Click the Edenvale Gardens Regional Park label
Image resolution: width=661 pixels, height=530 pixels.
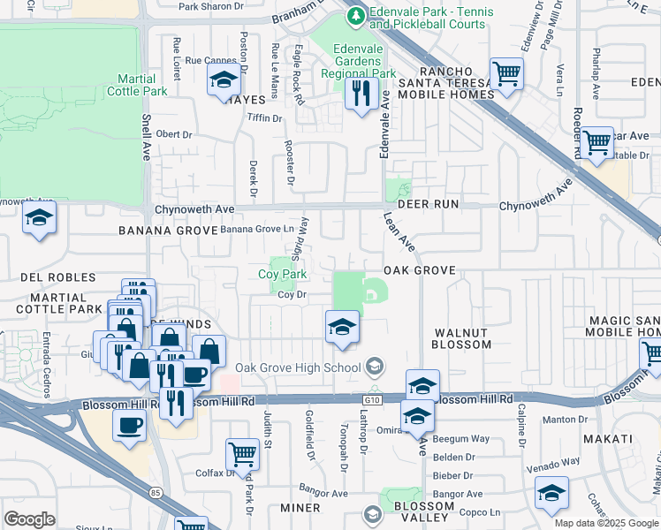358,67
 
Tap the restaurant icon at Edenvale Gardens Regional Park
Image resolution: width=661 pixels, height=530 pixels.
360,93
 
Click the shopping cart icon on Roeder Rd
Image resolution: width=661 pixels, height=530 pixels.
597,141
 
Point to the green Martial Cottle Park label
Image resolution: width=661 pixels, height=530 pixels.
137,85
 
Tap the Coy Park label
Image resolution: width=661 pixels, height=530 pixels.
282,275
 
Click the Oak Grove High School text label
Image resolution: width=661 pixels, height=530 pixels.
297,367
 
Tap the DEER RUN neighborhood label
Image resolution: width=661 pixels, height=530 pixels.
428,203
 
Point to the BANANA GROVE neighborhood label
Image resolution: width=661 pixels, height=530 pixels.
168,231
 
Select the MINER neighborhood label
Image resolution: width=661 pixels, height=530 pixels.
300,508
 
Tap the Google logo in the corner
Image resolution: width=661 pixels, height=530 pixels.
30,519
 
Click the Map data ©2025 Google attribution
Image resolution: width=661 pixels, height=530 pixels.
605,523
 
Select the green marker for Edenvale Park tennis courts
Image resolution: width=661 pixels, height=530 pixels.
355,15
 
